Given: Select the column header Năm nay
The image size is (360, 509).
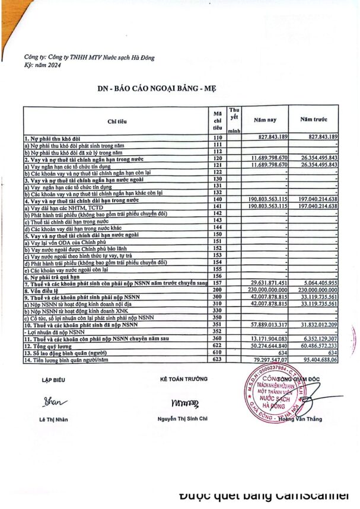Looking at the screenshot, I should [x=265, y=120].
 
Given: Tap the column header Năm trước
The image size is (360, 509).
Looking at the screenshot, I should [x=314, y=120].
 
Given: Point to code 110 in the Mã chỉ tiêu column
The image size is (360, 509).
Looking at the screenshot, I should [x=217, y=137].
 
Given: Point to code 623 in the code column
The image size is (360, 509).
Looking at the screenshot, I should [x=217, y=359].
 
